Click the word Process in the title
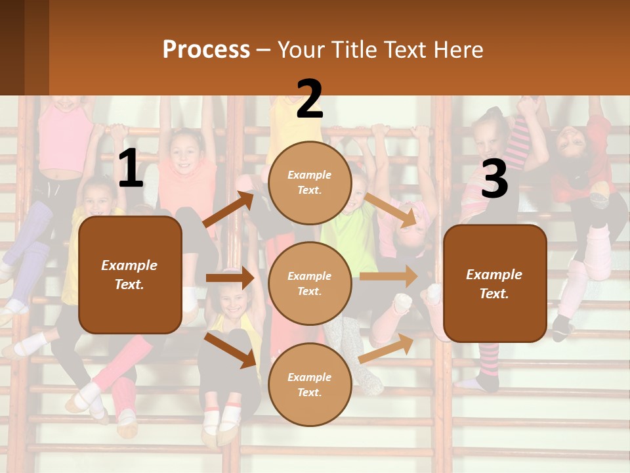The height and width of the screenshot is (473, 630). (206, 49)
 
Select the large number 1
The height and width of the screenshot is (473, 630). (131, 169)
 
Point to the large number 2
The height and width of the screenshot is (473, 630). (310, 99)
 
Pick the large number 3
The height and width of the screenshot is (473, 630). (494, 179)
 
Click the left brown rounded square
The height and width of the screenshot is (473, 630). (130, 275)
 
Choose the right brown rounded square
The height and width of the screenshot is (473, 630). (495, 284)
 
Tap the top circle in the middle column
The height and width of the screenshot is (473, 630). (310, 183)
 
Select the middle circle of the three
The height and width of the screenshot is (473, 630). (310, 283)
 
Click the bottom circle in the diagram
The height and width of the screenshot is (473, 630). (310, 384)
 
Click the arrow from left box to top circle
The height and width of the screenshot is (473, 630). (230, 209)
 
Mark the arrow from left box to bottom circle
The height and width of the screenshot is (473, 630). (230, 349)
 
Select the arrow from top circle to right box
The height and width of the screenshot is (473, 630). (391, 210)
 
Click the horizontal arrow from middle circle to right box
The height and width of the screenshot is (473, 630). (388, 276)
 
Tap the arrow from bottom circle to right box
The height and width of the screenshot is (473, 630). (387, 348)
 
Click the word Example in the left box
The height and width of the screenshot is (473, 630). (129, 265)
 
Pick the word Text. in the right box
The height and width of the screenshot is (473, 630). (494, 294)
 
